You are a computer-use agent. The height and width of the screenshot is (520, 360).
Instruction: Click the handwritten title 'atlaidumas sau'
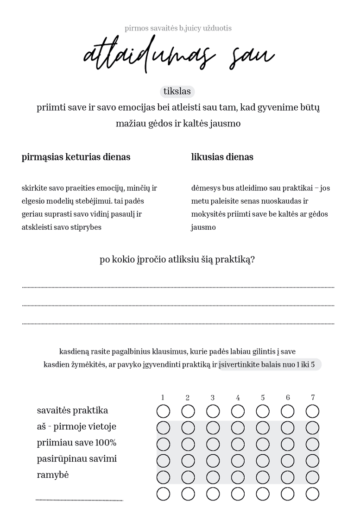pyautogui.click(x=178, y=56)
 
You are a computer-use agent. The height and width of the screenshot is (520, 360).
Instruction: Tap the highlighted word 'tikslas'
pyautogui.click(x=177, y=92)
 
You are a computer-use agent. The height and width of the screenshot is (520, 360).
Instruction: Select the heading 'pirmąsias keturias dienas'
pyautogui.click(x=76, y=157)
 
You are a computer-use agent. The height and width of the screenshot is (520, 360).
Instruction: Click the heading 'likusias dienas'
pyautogui.click(x=222, y=157)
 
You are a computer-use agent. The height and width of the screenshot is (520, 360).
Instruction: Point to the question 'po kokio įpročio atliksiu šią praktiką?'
pyautogui.click(x=177, y=259)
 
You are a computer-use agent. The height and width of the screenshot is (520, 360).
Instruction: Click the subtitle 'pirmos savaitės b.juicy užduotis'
pyautogui.click(x=178, y=28)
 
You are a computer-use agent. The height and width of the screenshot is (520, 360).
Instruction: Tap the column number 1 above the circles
pyautogui.click(x=163, y=397)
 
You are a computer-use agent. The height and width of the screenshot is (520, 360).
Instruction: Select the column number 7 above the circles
pyautogui.click(x=313, y=397)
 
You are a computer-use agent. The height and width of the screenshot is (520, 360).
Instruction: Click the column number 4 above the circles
pyautogui.click(x=238, y=397)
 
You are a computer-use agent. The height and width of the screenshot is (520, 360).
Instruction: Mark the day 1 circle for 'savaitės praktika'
pyautogui.click(x=163, y=411)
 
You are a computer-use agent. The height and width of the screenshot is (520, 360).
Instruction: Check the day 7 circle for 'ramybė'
pyautogui.click(x=312, y=477)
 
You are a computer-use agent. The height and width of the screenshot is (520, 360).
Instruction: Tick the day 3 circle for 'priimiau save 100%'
pyautogui.click(x=213, y=444)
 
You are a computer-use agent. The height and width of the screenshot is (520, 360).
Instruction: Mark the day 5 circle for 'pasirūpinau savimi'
pyautogui.click(x=263, y=461)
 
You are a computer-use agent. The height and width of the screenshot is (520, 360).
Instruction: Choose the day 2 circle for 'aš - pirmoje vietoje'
pyautogui.click(x=188, y=427)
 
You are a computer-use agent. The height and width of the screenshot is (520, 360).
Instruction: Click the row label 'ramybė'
pyautogui.click(x=53, y=475)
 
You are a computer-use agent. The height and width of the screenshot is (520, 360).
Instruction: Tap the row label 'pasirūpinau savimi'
pyautogui.click(x=77, y=459)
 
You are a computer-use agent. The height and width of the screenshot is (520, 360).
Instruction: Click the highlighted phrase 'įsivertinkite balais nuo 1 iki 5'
pyautogui.click(x=269, y=364)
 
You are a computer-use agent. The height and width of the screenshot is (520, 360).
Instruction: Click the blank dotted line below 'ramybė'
pyautogui.click(x=79, y=500)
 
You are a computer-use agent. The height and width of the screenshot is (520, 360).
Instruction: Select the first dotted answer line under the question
pyautogui.click(x=178, y=287)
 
